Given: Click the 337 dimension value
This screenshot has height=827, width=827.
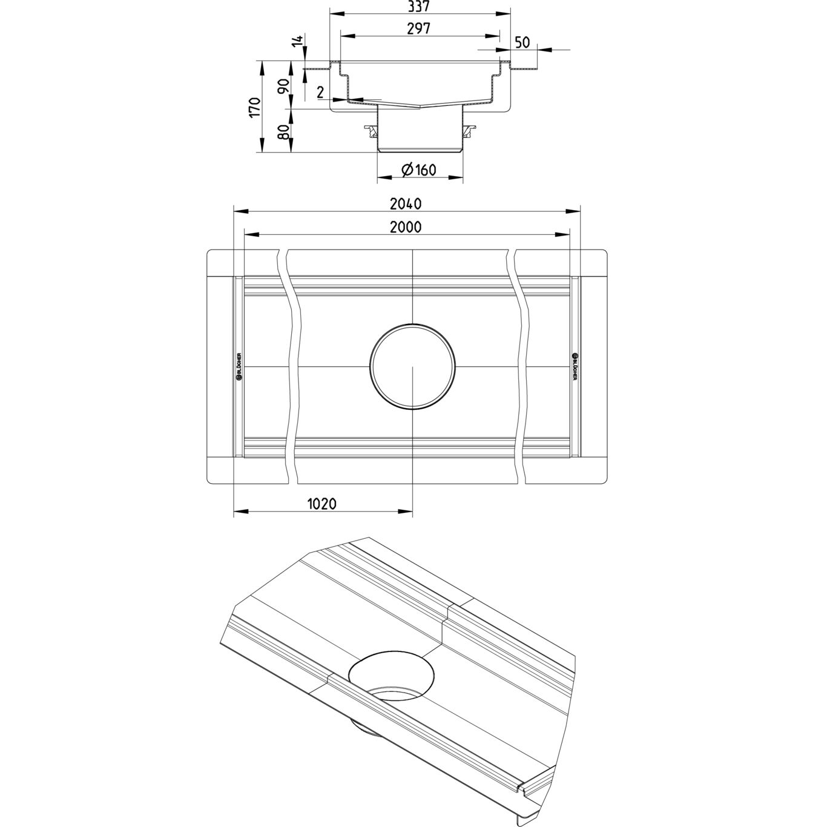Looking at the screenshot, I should pos(418,7).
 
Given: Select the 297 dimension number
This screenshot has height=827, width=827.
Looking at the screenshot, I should pos(418,28).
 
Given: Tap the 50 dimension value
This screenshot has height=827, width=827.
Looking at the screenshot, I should pos(522,42).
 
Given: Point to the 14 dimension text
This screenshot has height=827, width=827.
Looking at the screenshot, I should pos(297,42).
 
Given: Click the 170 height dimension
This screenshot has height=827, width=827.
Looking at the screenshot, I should pos(254,107).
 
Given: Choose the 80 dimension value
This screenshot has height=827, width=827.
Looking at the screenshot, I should pos(283,132).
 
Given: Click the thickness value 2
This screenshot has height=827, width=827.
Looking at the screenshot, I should pos(320,92).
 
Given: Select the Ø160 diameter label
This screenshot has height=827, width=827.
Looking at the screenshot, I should pos(418,170).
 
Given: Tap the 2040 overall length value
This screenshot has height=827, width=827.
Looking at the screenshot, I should pos(406,204).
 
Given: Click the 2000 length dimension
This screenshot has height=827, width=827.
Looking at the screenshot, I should pos(406,226).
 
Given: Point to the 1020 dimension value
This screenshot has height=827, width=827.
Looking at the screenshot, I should pos(321,504).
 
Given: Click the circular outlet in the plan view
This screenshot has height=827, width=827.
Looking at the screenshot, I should pos(412,367).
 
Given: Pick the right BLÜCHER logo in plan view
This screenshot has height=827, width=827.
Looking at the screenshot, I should pos(575,366).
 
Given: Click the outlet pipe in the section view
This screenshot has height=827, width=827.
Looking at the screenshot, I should pos(420,130).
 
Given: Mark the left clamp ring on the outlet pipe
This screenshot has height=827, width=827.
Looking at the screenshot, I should pos(370,130).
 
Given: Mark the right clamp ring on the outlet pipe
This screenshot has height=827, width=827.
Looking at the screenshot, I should pos(470,130).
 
